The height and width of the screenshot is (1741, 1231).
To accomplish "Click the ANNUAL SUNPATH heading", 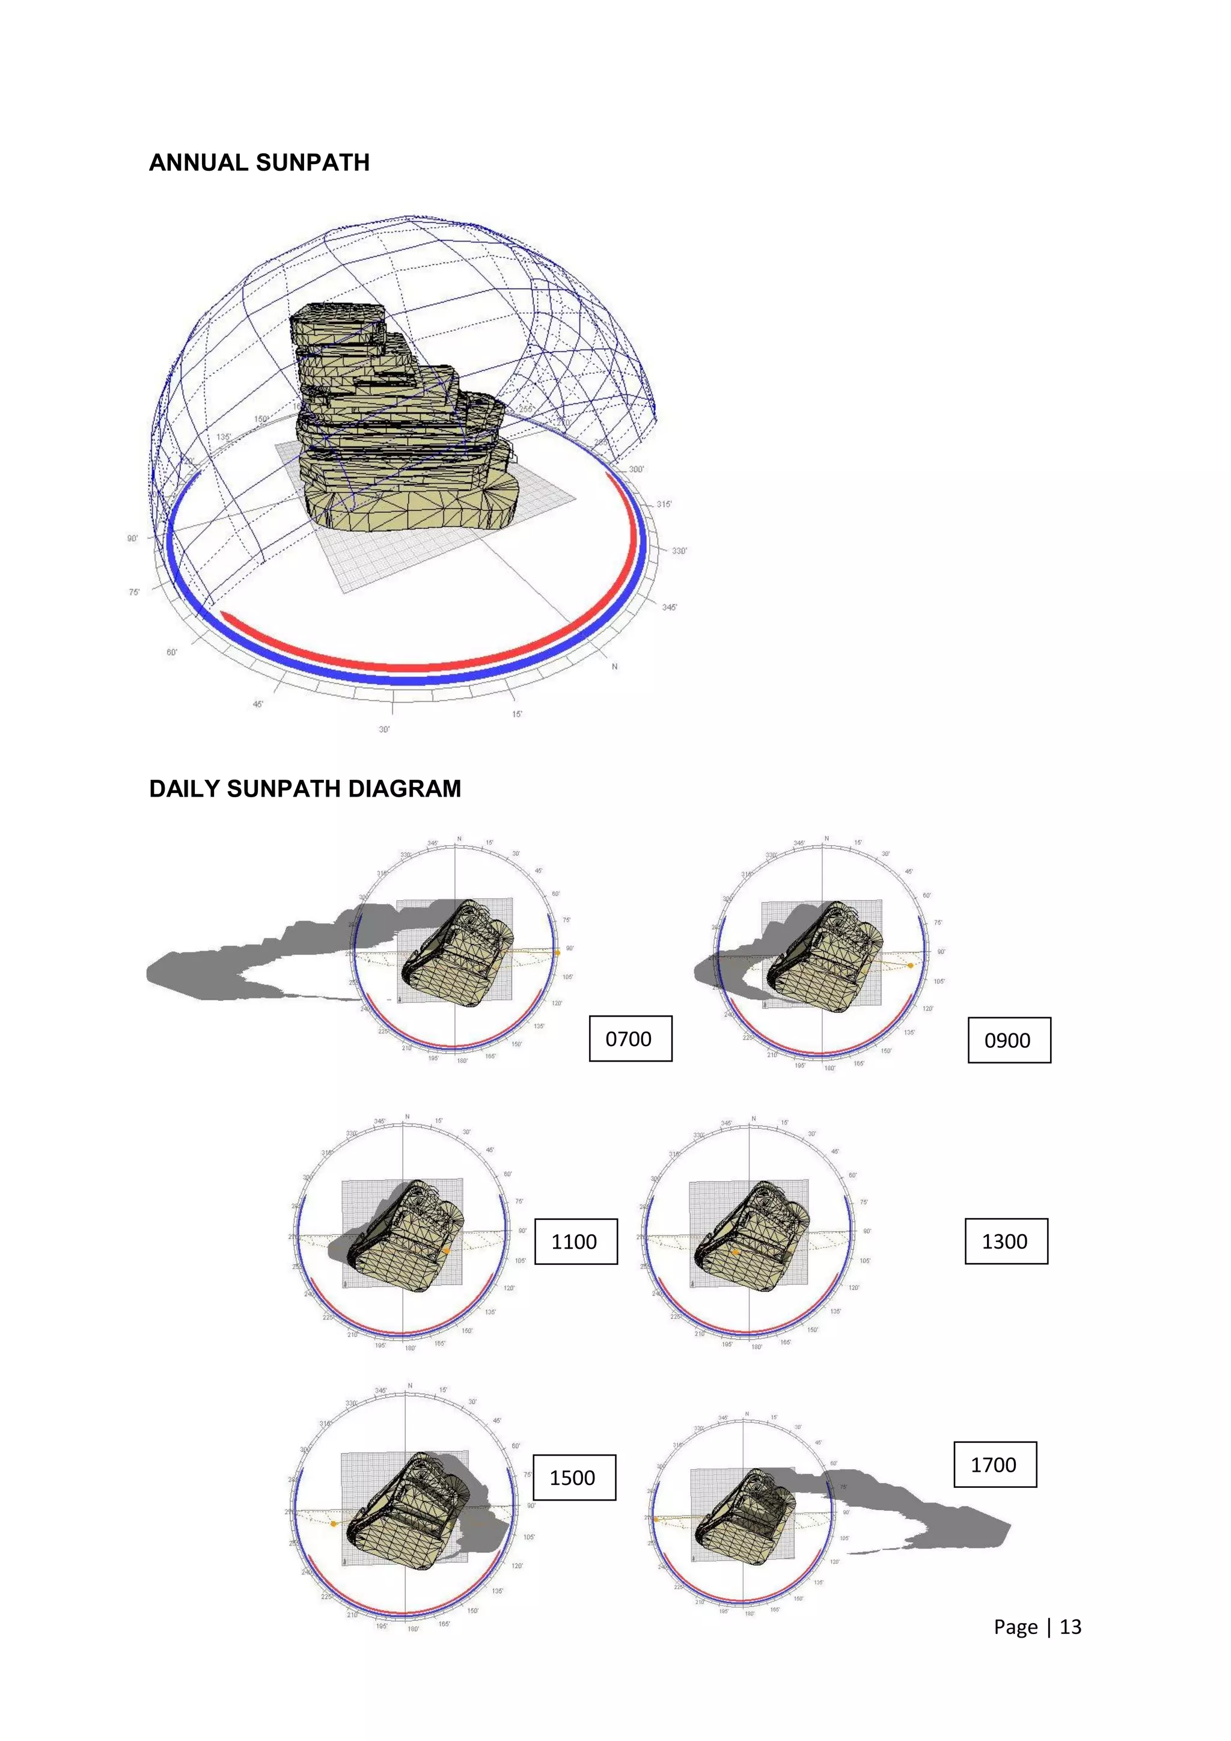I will pos(259,162).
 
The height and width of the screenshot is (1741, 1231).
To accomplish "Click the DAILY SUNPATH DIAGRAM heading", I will pos(305,789).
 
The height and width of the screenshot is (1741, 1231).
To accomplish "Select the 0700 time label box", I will pos(630,1038).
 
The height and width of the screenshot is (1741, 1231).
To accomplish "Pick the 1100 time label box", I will pos(575,1241).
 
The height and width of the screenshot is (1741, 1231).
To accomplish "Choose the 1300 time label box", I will pos(1005,1241).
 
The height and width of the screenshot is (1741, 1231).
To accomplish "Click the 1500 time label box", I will pos(574,1477).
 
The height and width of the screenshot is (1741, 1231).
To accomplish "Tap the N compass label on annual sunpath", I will pos(615,667).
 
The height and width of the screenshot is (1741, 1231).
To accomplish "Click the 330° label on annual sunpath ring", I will pos(679,551).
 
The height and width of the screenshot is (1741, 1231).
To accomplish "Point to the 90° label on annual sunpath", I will pos(133,539).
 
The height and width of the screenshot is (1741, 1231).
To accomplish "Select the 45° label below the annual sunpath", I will pos(258,705).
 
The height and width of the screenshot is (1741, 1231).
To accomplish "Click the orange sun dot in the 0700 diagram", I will pos(557,952).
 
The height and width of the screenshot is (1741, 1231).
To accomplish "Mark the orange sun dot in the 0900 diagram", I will pos(911,965).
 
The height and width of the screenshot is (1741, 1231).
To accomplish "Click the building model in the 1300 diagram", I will pos(750,1236).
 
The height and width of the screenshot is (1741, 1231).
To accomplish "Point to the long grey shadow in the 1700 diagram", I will pos(925,1509).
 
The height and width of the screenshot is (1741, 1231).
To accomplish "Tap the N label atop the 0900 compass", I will pos(826,839).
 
